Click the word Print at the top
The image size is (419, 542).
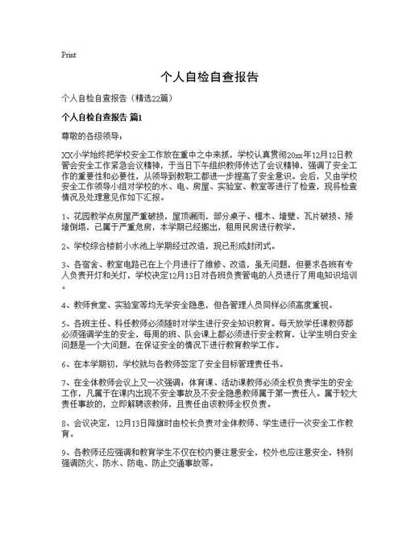coord(68,56)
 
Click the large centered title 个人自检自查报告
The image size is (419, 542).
coord(209,77)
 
